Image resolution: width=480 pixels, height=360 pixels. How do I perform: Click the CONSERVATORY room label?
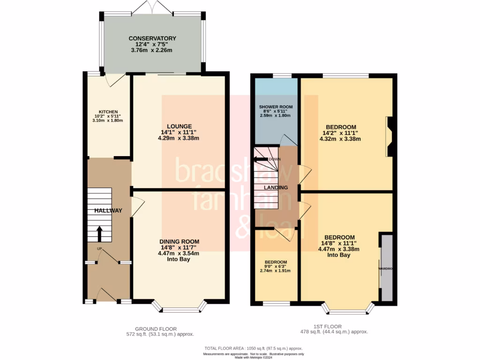point(152,38)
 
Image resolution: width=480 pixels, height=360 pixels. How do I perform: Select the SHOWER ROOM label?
point(275,107)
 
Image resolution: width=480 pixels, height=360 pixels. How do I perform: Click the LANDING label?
point(276,187)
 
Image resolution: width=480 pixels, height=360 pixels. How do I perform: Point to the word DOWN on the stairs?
point(275,159)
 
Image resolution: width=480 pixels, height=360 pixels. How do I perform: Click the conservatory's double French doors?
point(152,7)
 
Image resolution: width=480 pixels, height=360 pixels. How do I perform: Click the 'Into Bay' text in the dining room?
point(179,259)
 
